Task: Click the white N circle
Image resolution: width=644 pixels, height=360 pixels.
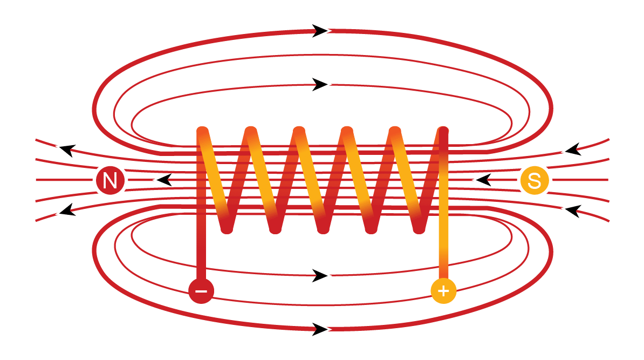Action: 110,180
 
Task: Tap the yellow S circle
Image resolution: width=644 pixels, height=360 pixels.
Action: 534,180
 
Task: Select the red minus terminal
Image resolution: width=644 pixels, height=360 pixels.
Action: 201,291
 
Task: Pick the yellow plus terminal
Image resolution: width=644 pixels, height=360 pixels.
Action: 443,291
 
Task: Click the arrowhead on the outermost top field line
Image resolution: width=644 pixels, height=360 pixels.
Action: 321,31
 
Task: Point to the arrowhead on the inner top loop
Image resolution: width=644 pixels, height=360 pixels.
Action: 321,84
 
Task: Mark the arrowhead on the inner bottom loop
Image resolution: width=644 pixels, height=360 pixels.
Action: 321,276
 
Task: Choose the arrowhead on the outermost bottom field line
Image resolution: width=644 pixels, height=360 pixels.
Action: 321,329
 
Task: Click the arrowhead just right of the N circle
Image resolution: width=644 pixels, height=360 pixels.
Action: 163,180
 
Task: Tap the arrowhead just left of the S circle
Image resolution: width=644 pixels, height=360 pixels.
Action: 482,180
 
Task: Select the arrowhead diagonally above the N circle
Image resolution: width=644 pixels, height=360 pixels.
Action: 67,150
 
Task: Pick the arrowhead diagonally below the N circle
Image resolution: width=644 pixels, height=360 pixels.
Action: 67,209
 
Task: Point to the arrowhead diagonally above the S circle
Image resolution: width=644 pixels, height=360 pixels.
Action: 572,148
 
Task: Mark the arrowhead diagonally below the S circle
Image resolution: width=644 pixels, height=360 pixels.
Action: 572,211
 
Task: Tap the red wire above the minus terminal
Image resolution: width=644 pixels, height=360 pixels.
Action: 201,248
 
